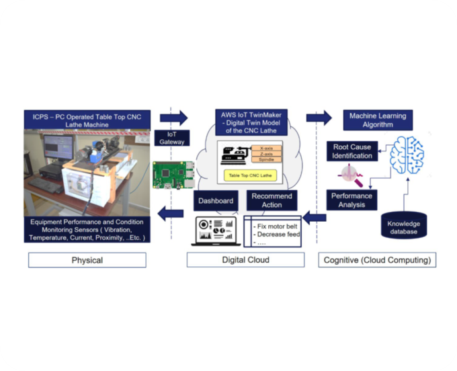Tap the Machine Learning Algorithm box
tap(377, 120)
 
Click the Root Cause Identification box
tap(350, 151)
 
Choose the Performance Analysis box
tap(351, 200)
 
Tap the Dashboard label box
tap(216, 200)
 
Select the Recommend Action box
tap(272, 200)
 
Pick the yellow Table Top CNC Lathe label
tap(250, 176)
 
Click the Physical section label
tap(87, 259)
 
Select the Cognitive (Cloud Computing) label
tap(376, 259)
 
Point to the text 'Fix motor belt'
tap(276, 226)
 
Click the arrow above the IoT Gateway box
tap(173, 118)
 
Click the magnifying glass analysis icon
tap(351, 176)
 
